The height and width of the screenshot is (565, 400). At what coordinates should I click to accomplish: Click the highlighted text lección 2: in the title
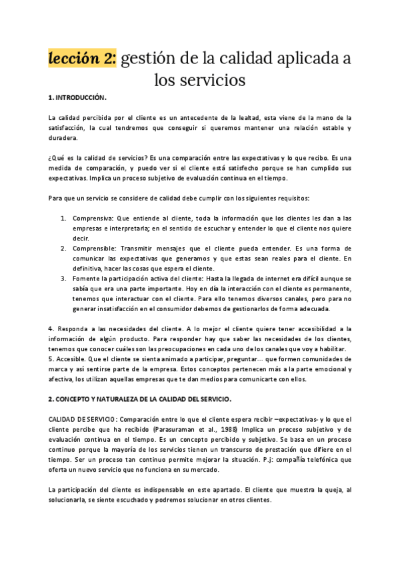pos(82,59)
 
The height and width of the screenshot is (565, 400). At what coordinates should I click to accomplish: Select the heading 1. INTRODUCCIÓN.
pos(77,98)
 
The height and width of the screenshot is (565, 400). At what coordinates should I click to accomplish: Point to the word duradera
pos(63,138)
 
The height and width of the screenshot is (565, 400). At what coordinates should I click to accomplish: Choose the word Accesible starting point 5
pos(73,358)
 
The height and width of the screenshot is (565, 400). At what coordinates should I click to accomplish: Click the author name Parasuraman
pos(164,428)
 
